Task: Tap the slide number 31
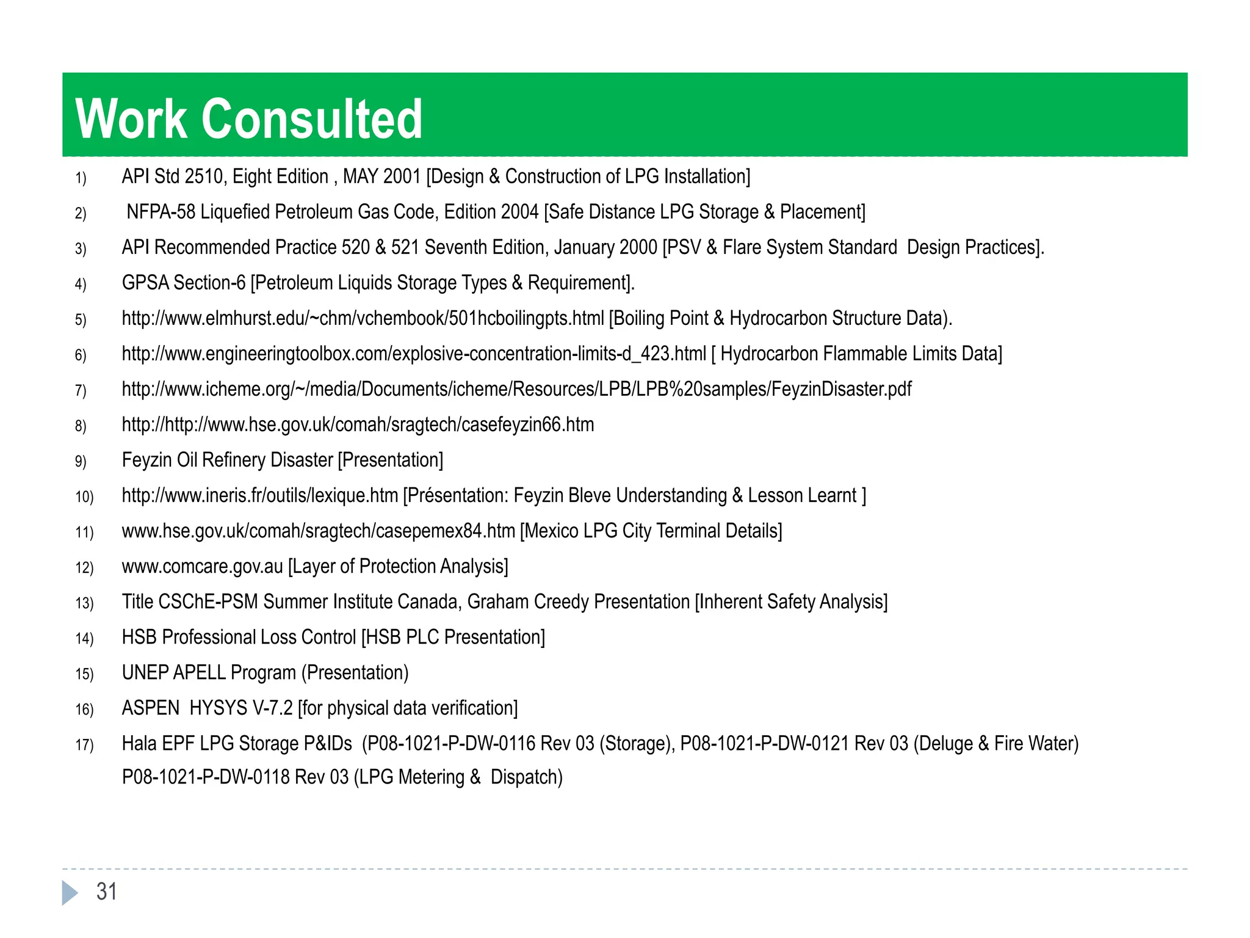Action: [x=107, y=892]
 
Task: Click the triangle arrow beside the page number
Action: [x=70, y=892]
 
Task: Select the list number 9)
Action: [x=81, y=461]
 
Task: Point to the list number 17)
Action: [x=84, y=744]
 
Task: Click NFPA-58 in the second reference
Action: [x=161, y=212]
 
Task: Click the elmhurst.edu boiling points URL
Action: [x=363, y=318]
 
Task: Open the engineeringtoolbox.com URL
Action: [x=414, y=354]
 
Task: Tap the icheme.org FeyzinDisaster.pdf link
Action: [x=516, y=389]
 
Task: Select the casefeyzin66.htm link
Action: [x=358, y=424]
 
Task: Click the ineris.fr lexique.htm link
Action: [x=260, y=495]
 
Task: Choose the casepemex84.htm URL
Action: [x=318, y=531]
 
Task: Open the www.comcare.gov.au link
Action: [x=203, y=566]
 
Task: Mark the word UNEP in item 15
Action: [x=145, y=672]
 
